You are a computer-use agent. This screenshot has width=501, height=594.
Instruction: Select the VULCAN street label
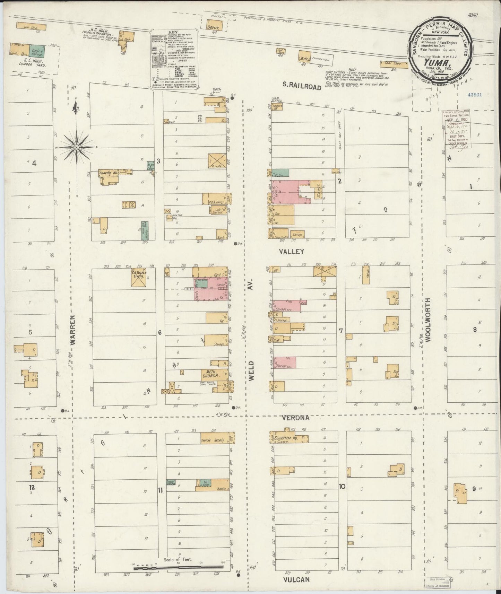(x=296, y=579)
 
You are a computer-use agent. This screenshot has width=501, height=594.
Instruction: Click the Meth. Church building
(x=210, y=374)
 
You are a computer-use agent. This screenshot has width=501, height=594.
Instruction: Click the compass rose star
(x=76, y=147)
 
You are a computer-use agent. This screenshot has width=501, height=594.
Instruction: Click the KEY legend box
(x=174, y=60)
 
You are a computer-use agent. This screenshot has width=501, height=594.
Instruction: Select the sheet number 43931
(x=474, y=94)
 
